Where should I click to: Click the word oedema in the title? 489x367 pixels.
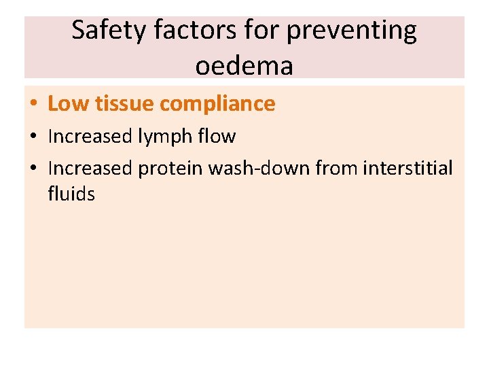point(244,65)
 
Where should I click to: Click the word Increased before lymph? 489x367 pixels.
point(90,137)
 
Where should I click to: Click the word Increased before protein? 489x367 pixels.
point(90,168)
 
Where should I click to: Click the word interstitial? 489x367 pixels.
point(408,168)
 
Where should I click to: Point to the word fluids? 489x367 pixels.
point(71,194)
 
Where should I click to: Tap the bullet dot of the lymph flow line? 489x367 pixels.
point(33,137)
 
